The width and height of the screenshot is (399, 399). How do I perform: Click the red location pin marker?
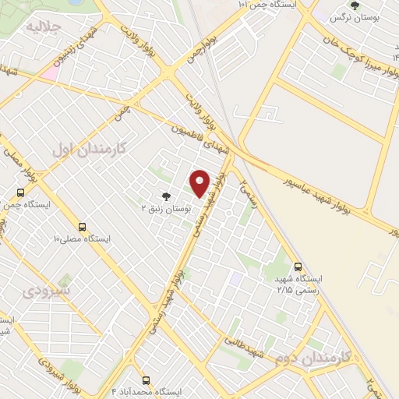click(200, 183)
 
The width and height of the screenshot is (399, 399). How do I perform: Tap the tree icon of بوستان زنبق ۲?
click(164, 197)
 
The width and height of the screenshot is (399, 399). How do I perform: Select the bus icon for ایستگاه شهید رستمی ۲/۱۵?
click(298, 267)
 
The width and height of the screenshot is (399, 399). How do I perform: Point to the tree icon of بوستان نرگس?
click(355, 6)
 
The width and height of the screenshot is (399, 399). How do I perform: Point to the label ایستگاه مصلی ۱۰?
click(82, 237)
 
